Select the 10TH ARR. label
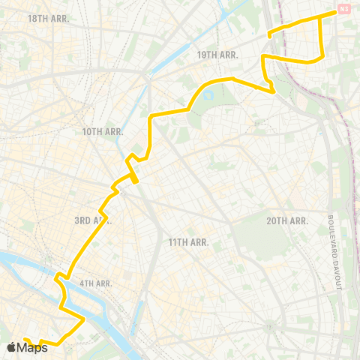[x=102, y=131]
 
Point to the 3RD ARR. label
[x=92, y=220]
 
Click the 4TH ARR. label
[x=95, y=283]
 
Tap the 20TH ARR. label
[x=287, y=220]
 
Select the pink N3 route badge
[x=343, y=9]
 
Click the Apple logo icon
[x=11, y=346]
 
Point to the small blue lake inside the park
[x=208, y=96]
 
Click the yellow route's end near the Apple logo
[x=25, y=340]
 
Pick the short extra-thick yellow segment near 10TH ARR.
[x=133, y=177]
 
